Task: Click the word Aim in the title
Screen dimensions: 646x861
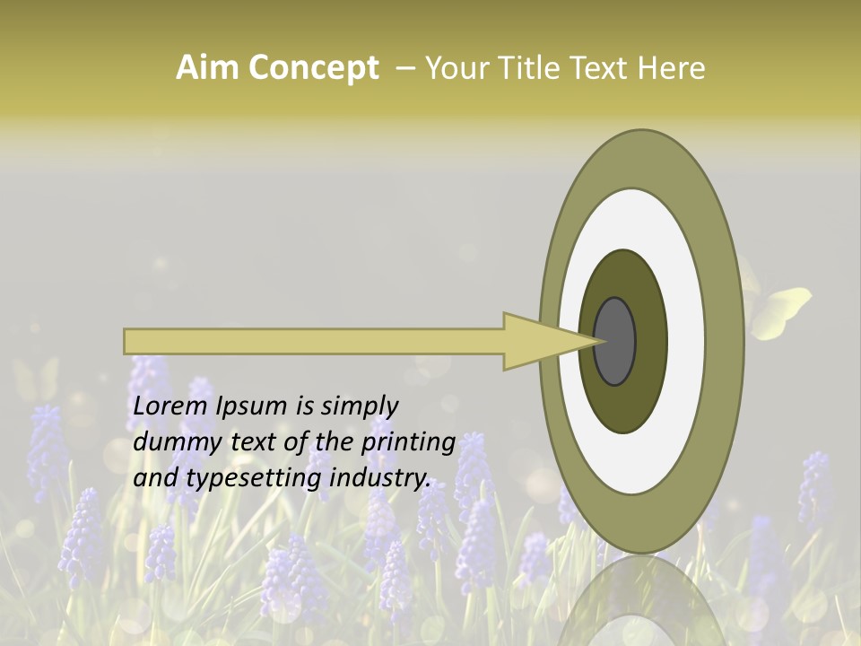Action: tap(207, 68)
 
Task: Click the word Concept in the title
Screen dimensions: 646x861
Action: tap(312, 68)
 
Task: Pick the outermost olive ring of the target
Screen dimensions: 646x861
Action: tap(725, 341)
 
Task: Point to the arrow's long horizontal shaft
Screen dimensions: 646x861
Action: tap(314, 341)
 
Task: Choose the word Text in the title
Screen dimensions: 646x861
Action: tap(605, 68)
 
